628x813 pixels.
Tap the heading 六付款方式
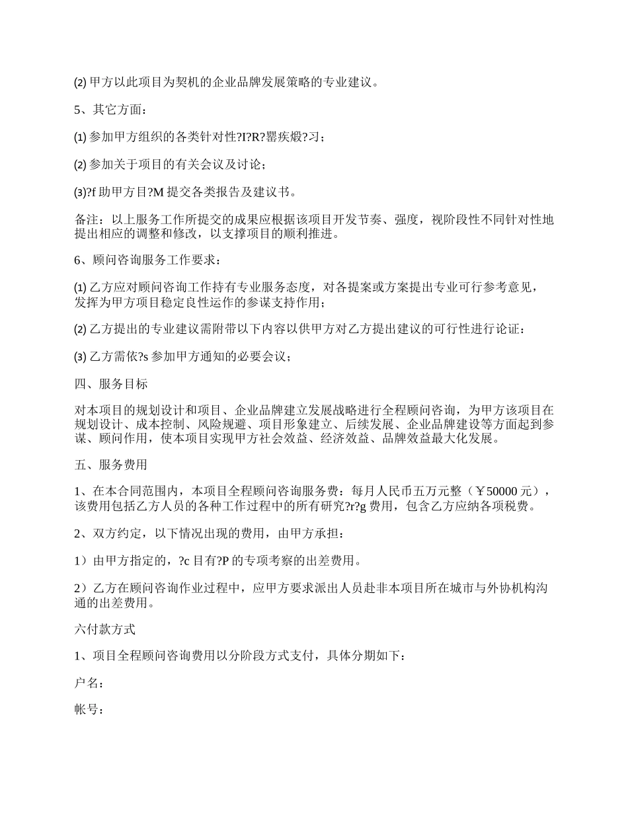click(105, 630)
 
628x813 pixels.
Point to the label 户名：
click(89, 683)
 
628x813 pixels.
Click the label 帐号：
click(89, 710)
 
